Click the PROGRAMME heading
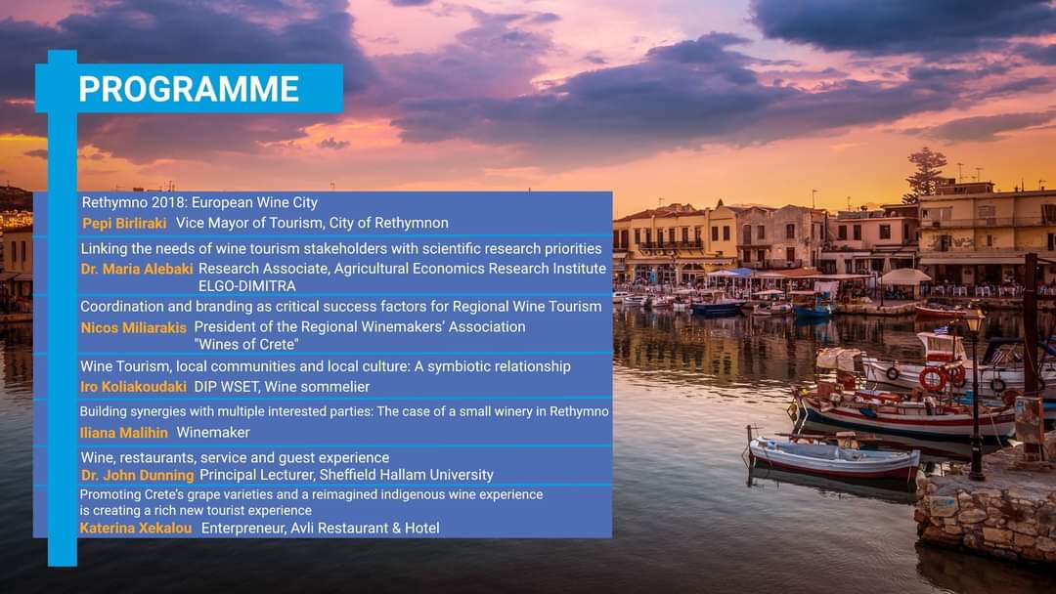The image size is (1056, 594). coord(189,89)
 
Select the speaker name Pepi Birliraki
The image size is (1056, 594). coord(124,224)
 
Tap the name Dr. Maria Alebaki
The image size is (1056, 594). coord(137,269)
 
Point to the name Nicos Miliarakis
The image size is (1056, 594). coord(133,327)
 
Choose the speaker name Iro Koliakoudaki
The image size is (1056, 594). coord(133,387)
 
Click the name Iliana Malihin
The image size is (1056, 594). coord(124,433)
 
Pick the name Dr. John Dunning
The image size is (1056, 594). coord(138,475)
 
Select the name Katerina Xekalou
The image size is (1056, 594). coord(135,529)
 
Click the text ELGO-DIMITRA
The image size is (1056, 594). coord(247,286)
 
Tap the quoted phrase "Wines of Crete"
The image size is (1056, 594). coord(246,345)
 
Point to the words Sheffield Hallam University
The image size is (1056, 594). coord(406,475)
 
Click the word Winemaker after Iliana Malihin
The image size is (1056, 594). coord(213,433)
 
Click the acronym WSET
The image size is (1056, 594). coord(241,387)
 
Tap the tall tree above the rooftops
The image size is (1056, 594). coord(926,172)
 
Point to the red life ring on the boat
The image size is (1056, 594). coord(933,379)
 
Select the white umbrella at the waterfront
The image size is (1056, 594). coord(905,276)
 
